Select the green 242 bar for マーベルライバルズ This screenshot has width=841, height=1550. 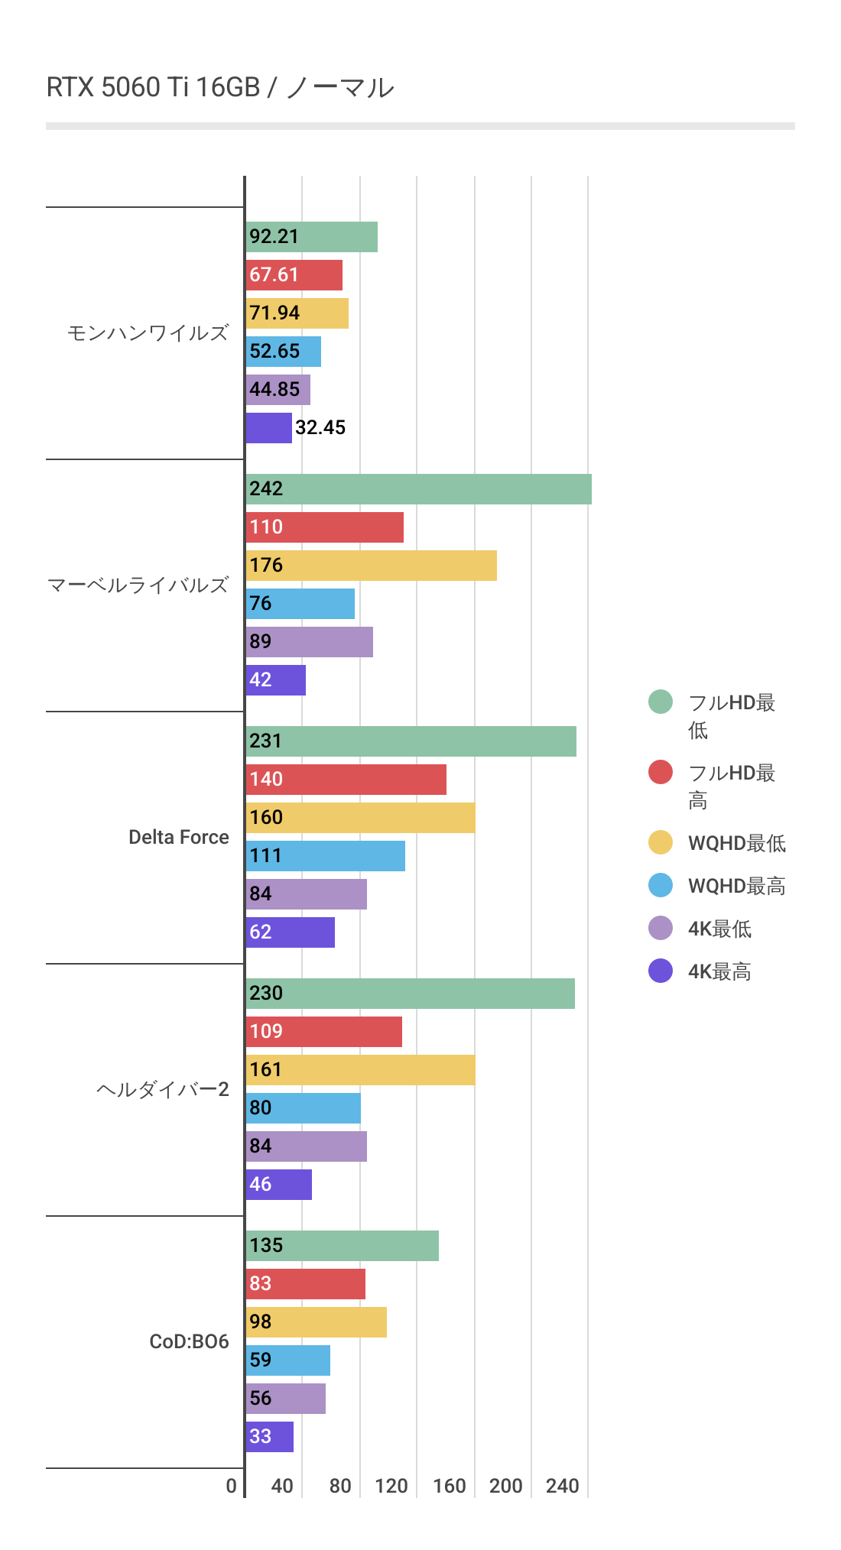point(418,489)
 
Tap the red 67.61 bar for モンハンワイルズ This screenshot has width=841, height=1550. point(294,275)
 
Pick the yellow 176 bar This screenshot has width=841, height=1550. point(372,566)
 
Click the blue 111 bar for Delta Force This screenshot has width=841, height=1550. point(326,856)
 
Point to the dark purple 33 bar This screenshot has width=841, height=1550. point(270,1437)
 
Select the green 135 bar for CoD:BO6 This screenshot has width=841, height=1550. point(343,1246)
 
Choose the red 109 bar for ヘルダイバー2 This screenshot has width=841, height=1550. point(324,1032)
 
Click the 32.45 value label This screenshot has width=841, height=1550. point(320,428)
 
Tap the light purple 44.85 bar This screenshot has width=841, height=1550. point(278,390)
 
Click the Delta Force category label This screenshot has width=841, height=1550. point(178,837)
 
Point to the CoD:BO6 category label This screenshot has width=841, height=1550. point(189,1341)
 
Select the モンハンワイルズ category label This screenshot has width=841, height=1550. point(148,333)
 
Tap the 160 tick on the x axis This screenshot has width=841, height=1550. point(450,1486)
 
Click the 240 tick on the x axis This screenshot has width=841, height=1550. point(563,1486)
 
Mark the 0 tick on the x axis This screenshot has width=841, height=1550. point(232,1486)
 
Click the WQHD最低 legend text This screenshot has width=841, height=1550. point(737,843)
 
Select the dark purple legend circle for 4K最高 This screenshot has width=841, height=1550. point(661,971)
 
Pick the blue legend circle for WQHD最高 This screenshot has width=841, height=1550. point(661,885)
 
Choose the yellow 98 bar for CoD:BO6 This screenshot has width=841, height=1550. point(317,1322)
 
